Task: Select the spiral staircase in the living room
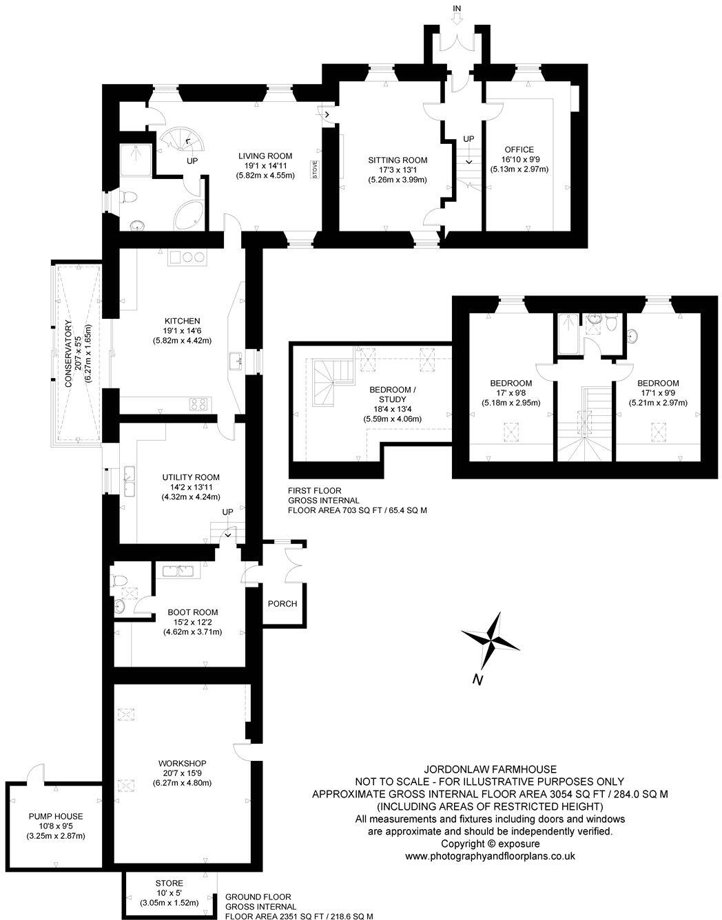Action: pyautogui.click(x=179, y=144)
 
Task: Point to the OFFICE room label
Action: pyautogui.click(x=519, y=149)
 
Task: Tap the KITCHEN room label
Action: pyautogui.click(x=182, y=321)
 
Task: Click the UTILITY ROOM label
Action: pyautogui.click(x=191, y=477)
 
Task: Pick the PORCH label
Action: pyautogui.click(x=282, y=604)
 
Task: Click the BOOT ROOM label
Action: pyautogui.click(x=192, y=612)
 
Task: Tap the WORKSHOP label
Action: pyautogui.click(x=182, y=763)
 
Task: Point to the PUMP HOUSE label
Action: pyautogui.click(x=56, y=816)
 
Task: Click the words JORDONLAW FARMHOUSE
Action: pyautogui.click(x=490, y=769)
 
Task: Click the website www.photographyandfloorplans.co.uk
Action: pyautogui.click(x=490, y=856)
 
